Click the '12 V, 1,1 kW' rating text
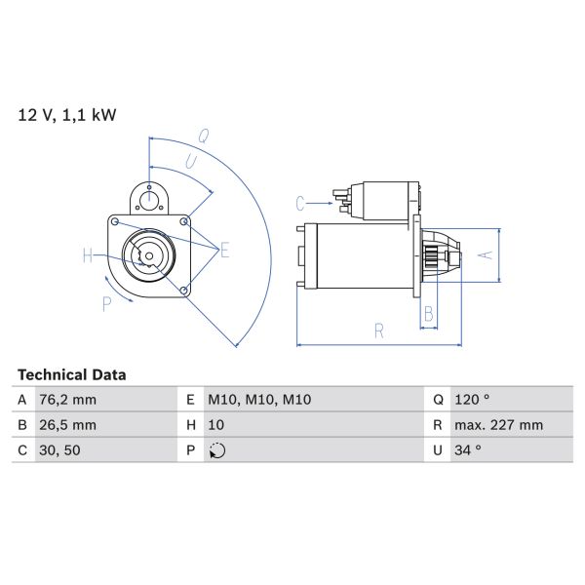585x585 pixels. (x=67, y=115)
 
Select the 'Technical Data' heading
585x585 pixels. (x=72, y=374)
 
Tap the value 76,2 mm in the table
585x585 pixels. (x=69, y=400)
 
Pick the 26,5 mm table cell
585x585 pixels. (x=69, y=425)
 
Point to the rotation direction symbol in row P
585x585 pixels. (x=217, y=450)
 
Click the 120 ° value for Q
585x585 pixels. (x=472, y=400)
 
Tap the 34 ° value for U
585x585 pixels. (x=468, y=450)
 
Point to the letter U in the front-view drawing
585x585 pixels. (x=192, y=160)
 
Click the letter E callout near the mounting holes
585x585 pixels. (x=224, y=251)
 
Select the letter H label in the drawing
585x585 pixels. (x=88, y=256)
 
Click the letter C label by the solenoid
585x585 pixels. (x=301, y=203)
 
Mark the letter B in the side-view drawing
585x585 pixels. (x=427, y=313)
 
